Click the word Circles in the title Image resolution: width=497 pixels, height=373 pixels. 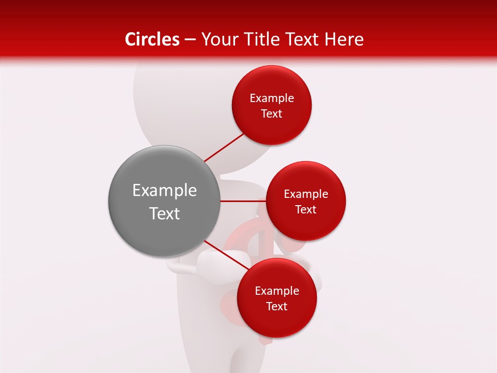pyautogui.click(x=152, y=39)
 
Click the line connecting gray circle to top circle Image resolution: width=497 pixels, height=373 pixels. pyautogui.click(x=224, y=147)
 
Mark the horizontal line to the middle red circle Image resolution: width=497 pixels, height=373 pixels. pyautogui.click(x=243, y=201)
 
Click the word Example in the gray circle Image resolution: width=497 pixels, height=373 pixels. pyautogui.click(x=165, y=191)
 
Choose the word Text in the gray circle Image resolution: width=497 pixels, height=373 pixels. pyautogui.click(x=165, y=213)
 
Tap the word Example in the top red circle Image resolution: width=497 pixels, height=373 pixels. pyautogui.click(x=272, y=98)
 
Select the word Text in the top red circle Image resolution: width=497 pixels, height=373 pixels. pyautogui.click(x=272, y=114)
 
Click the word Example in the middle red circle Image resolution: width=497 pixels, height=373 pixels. pyautogui.click(x=306, y=194)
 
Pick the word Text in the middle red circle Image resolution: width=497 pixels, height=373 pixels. pyautogui.click(x=306, y=210)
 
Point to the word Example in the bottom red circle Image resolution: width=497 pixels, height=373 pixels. pyautogui.click(x=277, y=291)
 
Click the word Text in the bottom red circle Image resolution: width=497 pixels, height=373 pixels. pyautogui.click(x=277, y=307)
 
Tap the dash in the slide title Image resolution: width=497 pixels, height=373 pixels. pyautogui.click(x=190, y=40)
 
